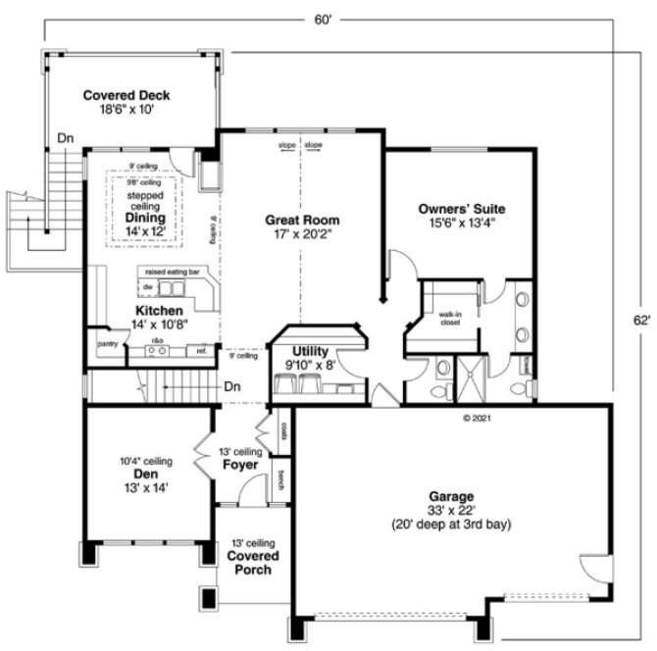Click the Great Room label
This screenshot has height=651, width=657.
(x=299, y=221)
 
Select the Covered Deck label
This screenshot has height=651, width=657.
(x=126, y=95)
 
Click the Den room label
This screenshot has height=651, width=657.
(x=144, y=474)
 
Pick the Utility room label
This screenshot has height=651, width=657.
(x=310, y=350)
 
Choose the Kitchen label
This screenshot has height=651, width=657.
(x=159, y=310)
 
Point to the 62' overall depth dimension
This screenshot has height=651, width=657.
(x=641, y=320)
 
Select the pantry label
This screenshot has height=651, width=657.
(x=107, y=345)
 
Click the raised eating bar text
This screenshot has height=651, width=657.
(x=173, y=271)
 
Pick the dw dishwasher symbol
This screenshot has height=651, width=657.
(x=148, y=287)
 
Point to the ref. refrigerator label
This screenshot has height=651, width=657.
(x=201, y=350)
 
